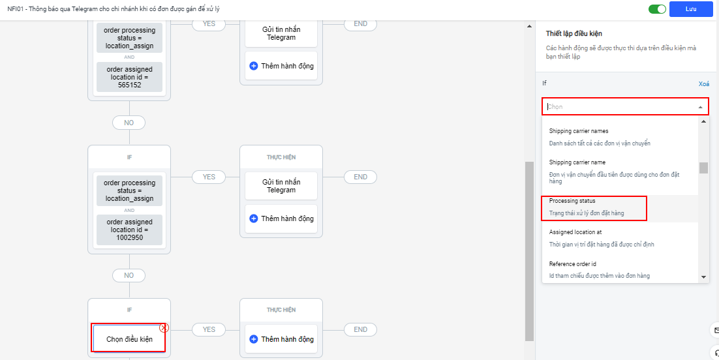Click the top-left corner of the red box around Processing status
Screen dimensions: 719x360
(x=542, y=196)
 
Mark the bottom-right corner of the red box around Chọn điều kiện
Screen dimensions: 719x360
(x=165, y=352)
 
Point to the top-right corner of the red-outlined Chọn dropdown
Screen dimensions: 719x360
(x=709, y=98)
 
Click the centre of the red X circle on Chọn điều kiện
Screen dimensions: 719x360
(x=164, y=328)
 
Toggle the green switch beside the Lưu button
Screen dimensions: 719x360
(x=657, y=9)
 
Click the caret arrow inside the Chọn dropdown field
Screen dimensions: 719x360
(x=700, y=108)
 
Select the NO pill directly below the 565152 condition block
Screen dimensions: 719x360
(x=129, y=123)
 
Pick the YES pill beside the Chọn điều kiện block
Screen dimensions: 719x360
(x=209, y=329)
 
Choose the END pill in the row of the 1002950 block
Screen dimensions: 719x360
(x=360, y=177)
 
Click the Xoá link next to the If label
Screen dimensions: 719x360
(x=704, y=84)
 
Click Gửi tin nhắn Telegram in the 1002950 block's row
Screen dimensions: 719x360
(x=281, y=186)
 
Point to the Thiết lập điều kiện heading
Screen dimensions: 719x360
(x=574, y=33)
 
